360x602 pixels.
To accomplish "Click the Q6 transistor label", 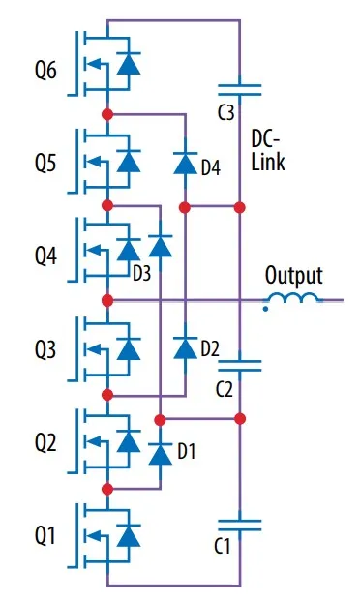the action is click(45, 71).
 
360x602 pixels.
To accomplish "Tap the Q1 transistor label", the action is click(45, 535).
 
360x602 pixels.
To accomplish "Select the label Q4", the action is click(46, 256).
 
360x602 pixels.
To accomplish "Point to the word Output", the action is click(294, 277).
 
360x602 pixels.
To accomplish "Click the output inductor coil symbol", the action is click(293, 298).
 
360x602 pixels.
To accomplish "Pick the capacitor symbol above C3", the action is click(239, 90).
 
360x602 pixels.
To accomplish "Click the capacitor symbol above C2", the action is click(239, 366).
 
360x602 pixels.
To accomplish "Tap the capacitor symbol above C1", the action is click(239, 525).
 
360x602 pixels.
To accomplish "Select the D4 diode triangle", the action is click(186, 163).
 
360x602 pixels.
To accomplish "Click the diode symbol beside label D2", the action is click(186, 347).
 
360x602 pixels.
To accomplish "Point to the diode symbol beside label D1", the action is click(160, 454).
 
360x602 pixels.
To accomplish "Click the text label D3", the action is click(141, 274).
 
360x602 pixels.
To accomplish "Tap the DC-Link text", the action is click(268, 150).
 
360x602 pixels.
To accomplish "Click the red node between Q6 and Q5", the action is click(107, 114).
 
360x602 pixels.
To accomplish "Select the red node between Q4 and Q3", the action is click(107, 300).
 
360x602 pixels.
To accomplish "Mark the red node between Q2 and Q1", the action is click(107, 489).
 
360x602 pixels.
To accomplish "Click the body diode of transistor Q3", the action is click(129, 348).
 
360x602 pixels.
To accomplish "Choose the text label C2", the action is click(224, 390).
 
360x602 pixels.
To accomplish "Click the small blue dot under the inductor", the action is click(265, 309).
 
